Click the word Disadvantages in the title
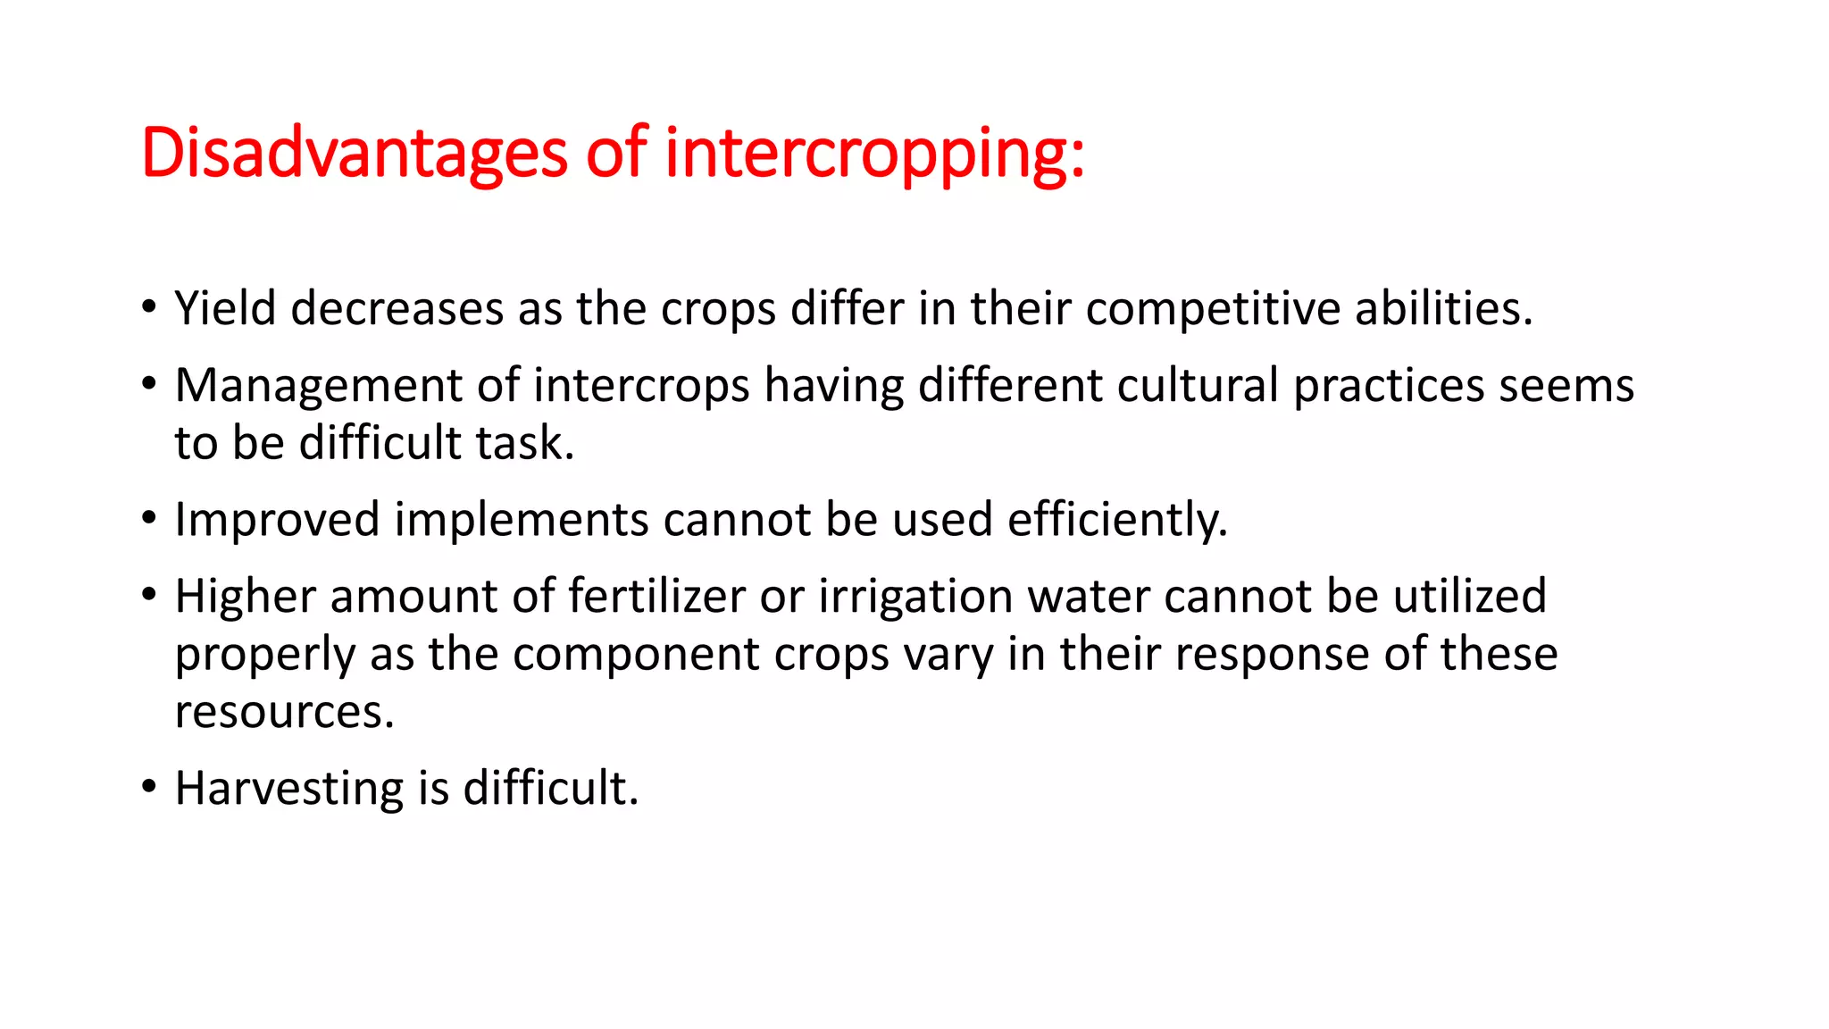pos(354,154)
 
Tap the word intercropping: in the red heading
pos(874,154)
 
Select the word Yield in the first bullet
pos(225,308)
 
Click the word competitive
pos(1213,308)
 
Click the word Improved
pos(277,519)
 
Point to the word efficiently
pos(1117,519)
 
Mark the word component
pos(636,654)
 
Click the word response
pos(1272,654)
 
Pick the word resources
pos(284,712)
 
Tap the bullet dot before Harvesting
pos(149,787)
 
